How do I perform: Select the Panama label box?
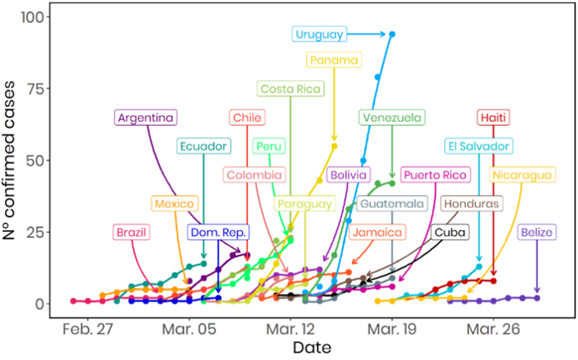point(333,60)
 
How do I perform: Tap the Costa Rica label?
point(291,88)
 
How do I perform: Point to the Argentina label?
point(145,118)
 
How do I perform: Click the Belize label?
point(537,233)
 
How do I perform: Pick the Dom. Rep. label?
point(218,233)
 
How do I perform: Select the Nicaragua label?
point(522,174)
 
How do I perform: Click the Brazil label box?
point(132,233)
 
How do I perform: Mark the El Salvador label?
point(478,146)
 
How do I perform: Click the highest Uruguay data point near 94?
point(393,34)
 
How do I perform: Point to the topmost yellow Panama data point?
point(334,146)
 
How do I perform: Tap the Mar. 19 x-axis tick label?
point(393,327)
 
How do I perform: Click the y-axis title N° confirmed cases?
point(11,159)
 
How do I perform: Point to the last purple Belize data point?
point(537,298)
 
